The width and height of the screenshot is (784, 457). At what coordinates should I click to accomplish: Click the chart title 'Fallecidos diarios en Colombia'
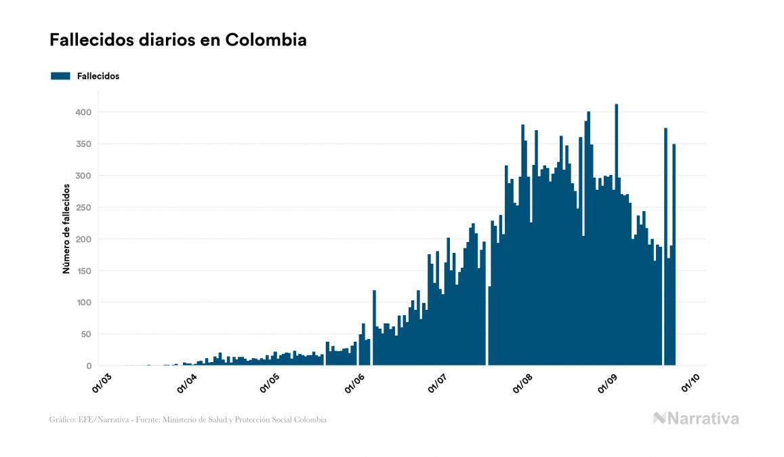(x=178, y=40)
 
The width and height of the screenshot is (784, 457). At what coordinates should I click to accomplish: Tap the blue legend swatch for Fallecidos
(x=60, y=76)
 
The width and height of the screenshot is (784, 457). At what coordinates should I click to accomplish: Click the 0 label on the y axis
(x=89, y=366)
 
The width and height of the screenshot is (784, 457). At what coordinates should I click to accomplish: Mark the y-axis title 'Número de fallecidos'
(x=66, y=228)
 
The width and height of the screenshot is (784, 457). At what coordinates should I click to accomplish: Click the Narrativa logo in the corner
(x=696, y=418)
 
